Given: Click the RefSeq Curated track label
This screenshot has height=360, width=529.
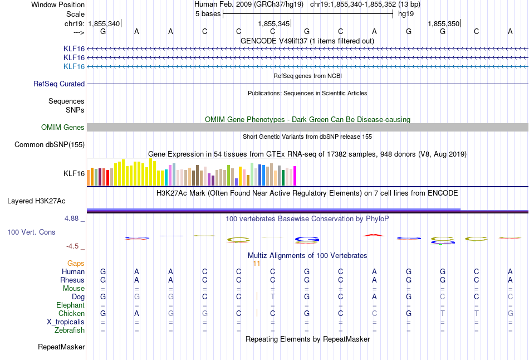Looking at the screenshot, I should (x=59, y=84).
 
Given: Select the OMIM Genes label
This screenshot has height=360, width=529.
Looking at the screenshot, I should (x=63, y=128).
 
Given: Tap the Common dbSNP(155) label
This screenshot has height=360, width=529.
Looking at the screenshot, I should (x=50, y=145).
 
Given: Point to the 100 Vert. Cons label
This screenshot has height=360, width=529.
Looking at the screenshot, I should (x=31, y=232).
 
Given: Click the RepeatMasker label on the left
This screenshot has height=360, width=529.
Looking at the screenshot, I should (x=61, y=347).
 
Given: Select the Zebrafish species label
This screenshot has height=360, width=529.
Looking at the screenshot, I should (x=70, y=330).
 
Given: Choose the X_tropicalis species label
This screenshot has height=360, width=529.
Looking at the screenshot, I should (x=66, y=322).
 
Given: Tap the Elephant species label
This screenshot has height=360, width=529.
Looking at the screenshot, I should (x=70, y=305).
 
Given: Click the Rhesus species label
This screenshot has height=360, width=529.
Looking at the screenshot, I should (x=72, y=280).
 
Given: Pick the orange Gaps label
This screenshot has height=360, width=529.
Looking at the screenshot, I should (x=76, y=263).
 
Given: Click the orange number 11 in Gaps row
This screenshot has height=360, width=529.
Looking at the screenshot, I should (x=257, y=263).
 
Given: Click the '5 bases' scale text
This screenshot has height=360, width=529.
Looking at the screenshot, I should (x=207, y=14).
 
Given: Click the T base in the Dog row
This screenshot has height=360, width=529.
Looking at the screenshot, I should (x=273, y=297).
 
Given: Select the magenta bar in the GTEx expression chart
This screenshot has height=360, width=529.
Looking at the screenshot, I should (x=295, y=176).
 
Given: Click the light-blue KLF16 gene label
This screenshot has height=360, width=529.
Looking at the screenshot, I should (x=74, y=66).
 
